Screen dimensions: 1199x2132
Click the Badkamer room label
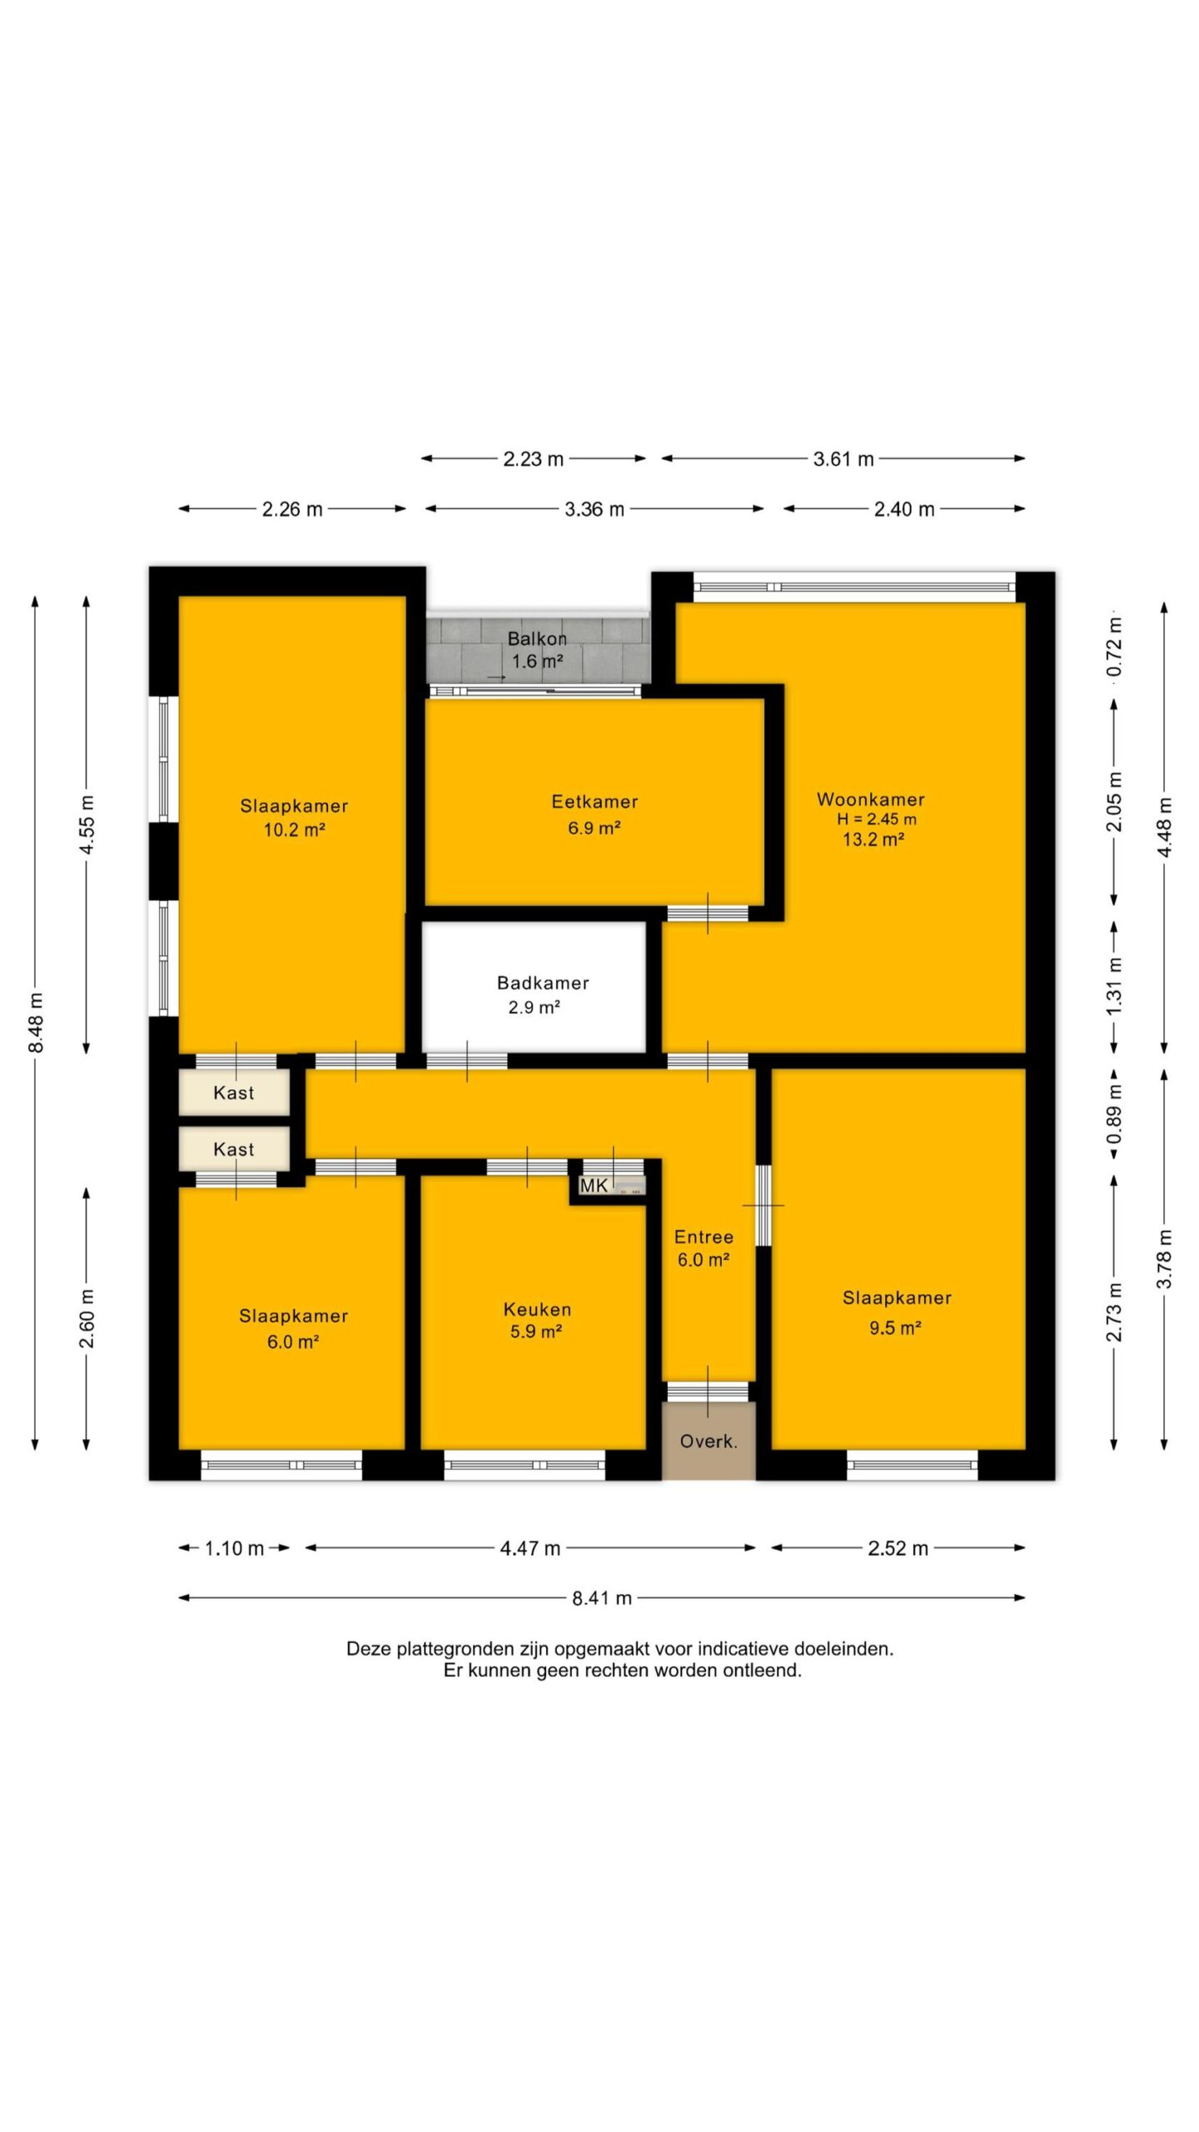543,983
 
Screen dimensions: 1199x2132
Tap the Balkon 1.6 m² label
537,650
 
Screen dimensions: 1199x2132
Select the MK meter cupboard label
594,1185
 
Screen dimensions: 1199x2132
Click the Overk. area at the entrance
709,1441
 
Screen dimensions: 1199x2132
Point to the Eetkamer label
595,802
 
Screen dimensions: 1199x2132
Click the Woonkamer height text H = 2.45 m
877,819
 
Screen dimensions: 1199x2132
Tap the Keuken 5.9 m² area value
535,1331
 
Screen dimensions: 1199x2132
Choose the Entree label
704,1237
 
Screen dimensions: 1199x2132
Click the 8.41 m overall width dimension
602,1597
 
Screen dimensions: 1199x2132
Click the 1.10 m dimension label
234,1548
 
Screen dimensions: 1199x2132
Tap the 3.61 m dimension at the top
843,459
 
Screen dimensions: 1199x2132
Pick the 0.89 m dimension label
1114,1114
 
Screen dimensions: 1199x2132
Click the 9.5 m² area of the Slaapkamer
895,1328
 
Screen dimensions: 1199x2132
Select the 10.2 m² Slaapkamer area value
294,829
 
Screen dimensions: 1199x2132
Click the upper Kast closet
234,1093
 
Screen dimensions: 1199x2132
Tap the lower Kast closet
234,1149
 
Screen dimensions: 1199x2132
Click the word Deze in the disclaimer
369,1648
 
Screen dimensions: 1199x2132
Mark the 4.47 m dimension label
530,1548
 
